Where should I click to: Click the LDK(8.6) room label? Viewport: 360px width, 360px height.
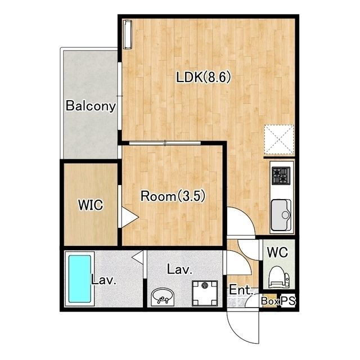(203, 77)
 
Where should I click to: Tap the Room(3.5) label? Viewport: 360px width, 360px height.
(173, 196)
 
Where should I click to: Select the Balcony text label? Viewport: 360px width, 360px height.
(91, 106)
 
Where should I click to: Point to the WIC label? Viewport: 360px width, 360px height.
(91, 205)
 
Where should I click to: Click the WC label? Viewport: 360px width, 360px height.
(277, 252)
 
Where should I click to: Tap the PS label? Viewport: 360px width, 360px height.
(289, 300)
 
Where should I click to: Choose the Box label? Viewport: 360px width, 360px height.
(270, 301)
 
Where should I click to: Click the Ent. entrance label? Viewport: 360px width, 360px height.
(241, 290)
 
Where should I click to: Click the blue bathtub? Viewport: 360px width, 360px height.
(80, 279)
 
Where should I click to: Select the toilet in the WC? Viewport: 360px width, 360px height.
(279, 277)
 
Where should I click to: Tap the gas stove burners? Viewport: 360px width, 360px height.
(281, 175)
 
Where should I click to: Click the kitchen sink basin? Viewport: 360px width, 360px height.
(281, 215)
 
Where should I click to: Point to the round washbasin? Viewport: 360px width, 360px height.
(163, 297)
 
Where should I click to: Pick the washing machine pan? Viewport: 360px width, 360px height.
(205, 293)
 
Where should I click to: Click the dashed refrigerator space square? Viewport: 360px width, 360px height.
(279, 139)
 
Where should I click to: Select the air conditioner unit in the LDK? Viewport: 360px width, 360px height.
(128, 34)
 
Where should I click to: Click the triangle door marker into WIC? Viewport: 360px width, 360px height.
(129, 217)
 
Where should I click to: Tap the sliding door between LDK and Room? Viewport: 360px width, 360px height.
(165, 143)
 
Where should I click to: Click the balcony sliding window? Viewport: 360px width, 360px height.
(119, 96)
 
